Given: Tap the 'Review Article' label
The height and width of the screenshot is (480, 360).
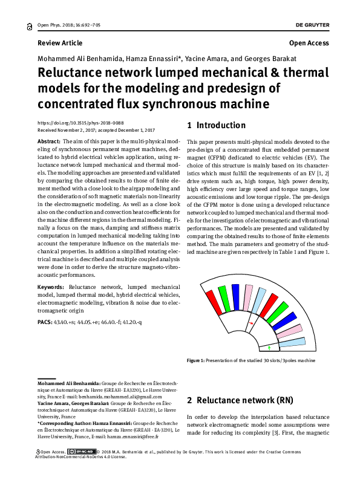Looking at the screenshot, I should click(60, 43).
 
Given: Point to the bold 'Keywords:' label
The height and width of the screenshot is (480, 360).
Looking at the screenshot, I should click(51, 285).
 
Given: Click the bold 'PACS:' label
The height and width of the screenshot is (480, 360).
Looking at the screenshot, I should click(45, 322).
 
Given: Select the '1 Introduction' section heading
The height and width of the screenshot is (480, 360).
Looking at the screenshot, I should click(216, 126).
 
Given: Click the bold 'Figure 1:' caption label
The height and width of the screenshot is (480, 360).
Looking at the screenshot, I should click(197, 360).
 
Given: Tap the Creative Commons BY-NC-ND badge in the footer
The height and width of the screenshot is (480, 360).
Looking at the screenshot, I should click(81, 452).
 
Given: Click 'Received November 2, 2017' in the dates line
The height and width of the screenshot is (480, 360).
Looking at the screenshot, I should click(67, 130).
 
